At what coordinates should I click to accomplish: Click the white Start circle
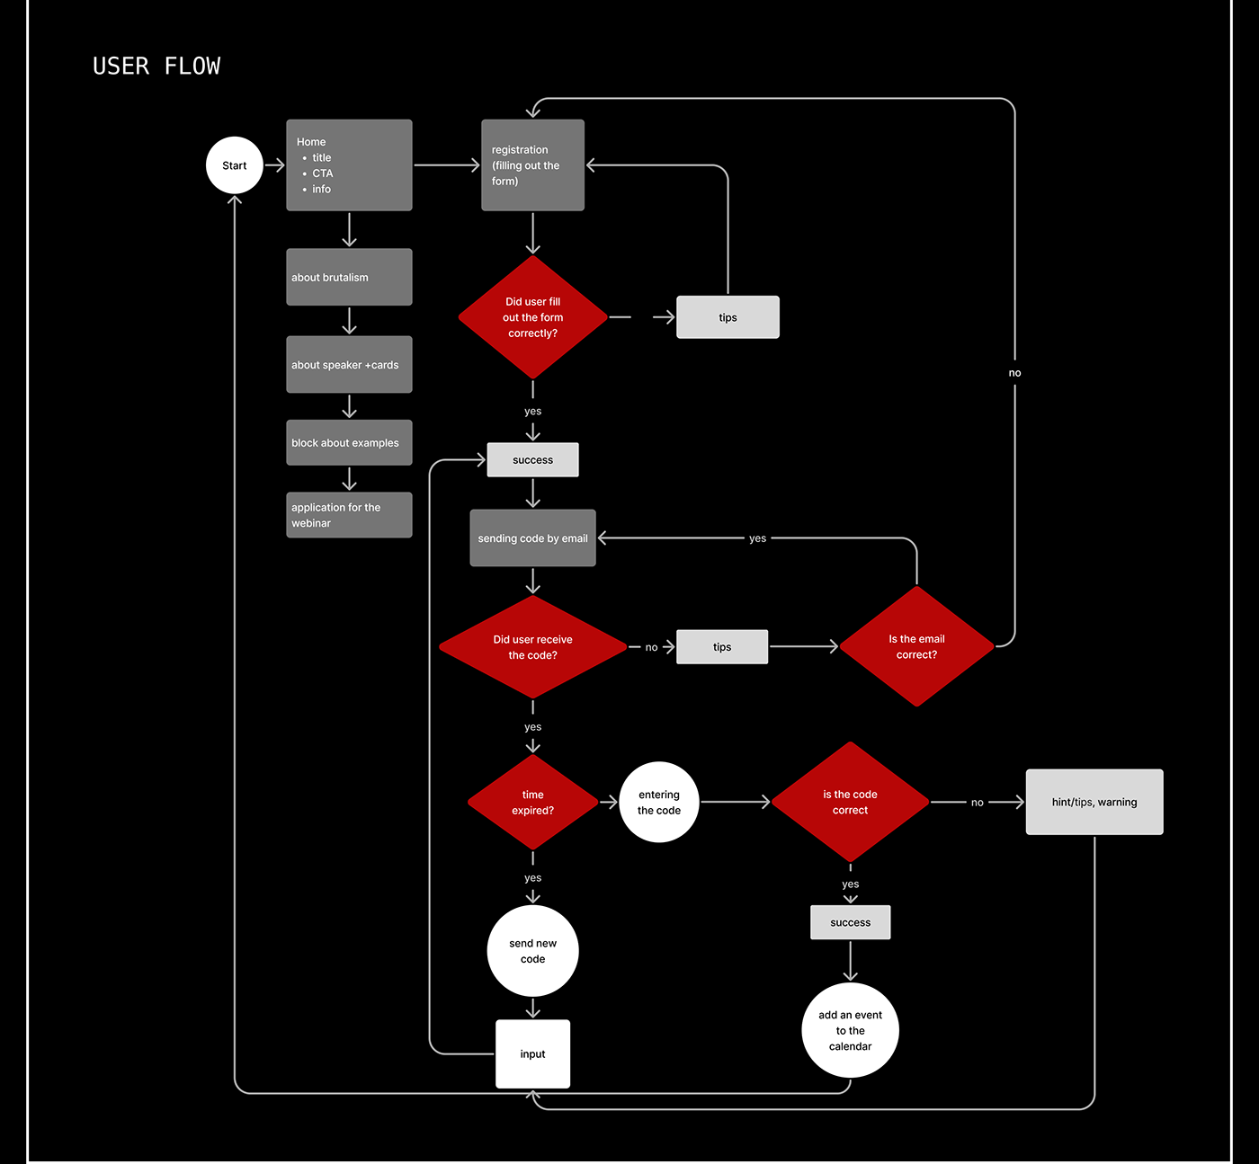[x=234, y=165]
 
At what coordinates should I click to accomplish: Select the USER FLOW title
[x=156, y=67]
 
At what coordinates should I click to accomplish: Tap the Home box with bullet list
[x=349, y=165]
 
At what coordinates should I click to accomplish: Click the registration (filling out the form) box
[x=532, y=165]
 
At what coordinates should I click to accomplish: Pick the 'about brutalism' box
[x=349, y=277]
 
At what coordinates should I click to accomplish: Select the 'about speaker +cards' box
[x=349, y=365]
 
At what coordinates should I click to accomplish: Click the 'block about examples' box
[x=349, y=442]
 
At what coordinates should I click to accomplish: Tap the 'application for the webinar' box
[x=349, y=515]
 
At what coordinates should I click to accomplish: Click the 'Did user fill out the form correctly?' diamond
[x=532, y=317]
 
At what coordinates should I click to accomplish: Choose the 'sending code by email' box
[x=532, y=538]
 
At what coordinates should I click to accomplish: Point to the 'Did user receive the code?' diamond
[x=532, y=647]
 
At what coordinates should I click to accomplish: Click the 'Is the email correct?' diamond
[x=916, y=646]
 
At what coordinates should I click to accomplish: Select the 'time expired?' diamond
[x=532, y=802]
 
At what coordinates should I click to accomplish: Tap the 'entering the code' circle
[x=659, y=802]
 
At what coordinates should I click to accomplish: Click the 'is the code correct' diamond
[x=850, y=802]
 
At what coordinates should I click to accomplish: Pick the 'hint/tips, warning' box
[x=1094, y=802]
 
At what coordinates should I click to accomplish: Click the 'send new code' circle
[x=532, y=951]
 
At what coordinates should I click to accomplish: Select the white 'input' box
[x=532, y=1053]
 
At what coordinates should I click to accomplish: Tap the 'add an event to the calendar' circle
[x=850, y=1030]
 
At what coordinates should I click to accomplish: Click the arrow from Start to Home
[x=275, y=165]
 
